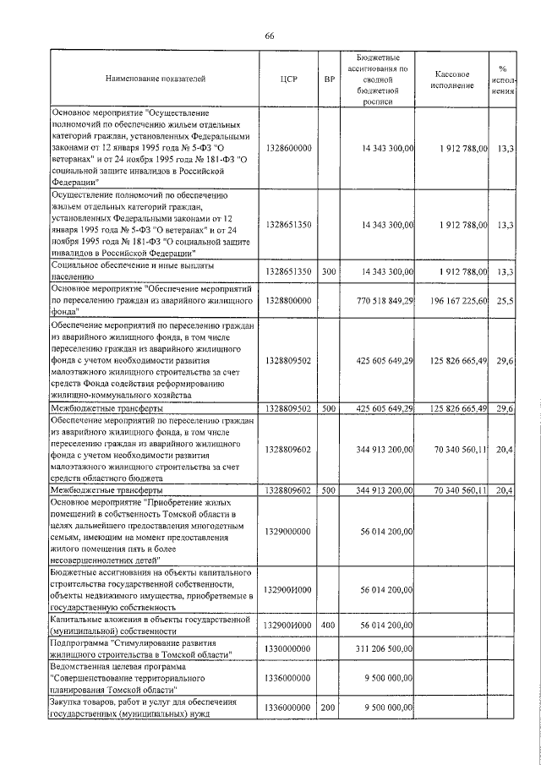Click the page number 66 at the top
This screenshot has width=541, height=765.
point(270,35)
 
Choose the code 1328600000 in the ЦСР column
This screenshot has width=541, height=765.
point(288,148)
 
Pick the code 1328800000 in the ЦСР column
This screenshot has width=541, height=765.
point(288,301)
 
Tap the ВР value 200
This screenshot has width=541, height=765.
point(330,707)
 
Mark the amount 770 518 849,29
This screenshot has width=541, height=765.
point(385,301)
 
